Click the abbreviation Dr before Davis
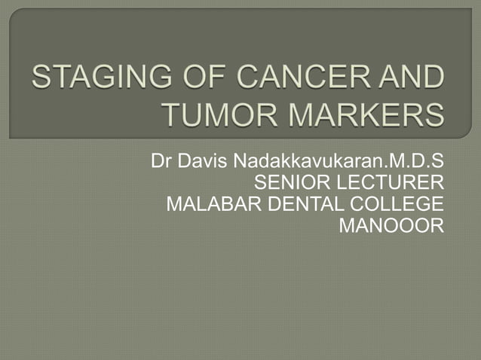[x=160, y=162]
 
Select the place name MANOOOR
[x=392, y=225]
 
